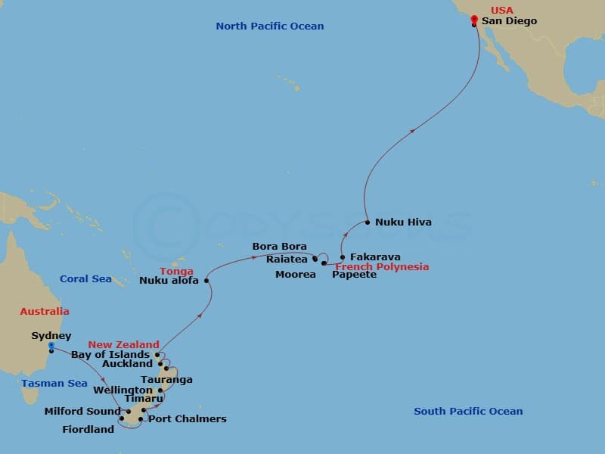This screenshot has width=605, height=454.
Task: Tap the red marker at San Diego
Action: [473, 19]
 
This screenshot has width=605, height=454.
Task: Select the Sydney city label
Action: [51, 336]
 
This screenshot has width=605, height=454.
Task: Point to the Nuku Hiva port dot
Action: [368, 222]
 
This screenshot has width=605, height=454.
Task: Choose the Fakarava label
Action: [375, 257]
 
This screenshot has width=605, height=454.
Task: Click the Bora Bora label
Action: [279, 247]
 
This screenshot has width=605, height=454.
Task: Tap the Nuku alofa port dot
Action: [206, 280]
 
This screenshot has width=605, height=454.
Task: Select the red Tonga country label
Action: [176, 272]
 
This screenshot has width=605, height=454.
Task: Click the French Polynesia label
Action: [382, 267]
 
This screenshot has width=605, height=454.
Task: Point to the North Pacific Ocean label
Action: [269, 26]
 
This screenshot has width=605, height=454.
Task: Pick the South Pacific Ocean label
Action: [468, 412]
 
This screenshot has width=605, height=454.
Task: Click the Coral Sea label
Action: [85, 279]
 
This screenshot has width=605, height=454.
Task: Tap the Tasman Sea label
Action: [54, 384]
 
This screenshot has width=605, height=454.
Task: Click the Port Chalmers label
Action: [187, 418]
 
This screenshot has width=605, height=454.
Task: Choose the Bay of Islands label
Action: [111, 354]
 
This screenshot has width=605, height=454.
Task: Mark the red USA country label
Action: [501, 11]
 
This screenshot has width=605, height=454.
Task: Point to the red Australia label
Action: [45, 312]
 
